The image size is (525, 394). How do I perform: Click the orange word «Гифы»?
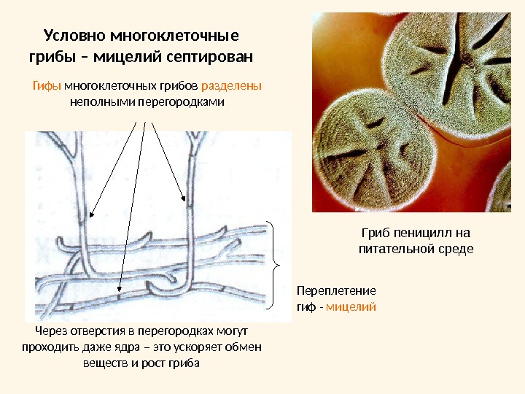coord(47,86)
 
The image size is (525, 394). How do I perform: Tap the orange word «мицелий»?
coord(351,306)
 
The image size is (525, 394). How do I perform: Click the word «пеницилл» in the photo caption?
coord(425,233)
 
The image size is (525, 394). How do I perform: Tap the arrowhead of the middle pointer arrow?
coord(120,290)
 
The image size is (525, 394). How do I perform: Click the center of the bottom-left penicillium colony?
coord(372,153)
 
